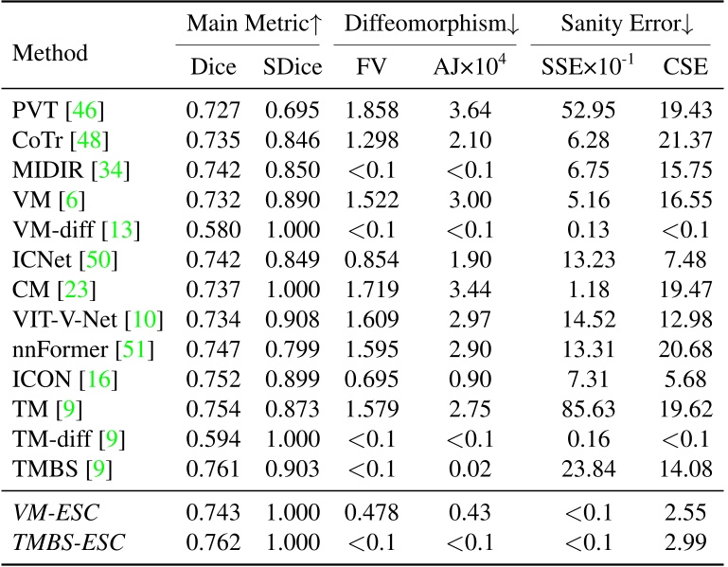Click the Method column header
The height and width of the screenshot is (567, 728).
coord(49,54)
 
